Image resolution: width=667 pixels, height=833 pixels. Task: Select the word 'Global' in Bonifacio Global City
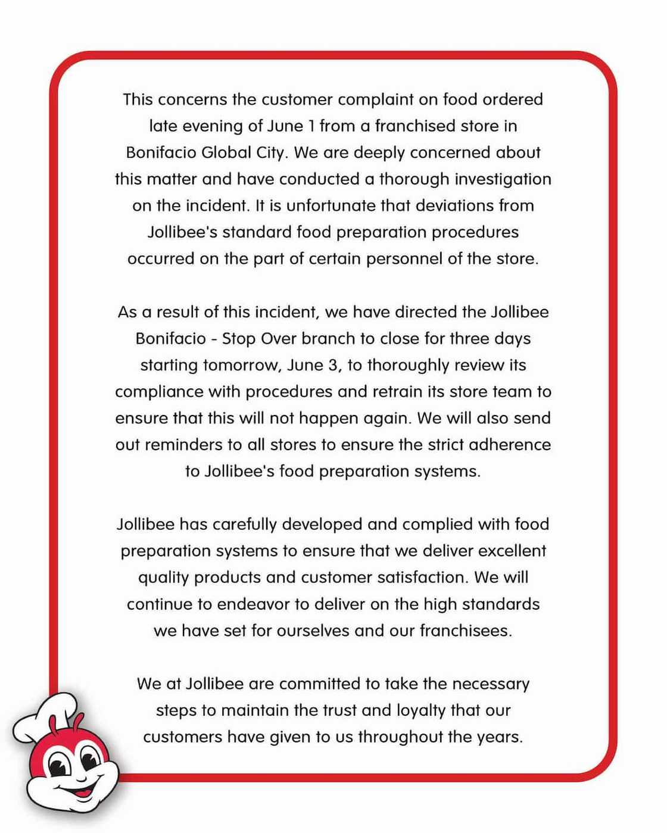click(226, 152)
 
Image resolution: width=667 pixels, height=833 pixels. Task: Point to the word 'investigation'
click(503, 179)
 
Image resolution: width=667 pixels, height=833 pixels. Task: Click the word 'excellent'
click(512, 551)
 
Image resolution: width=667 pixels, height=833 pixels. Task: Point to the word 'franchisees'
click(465, 631)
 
